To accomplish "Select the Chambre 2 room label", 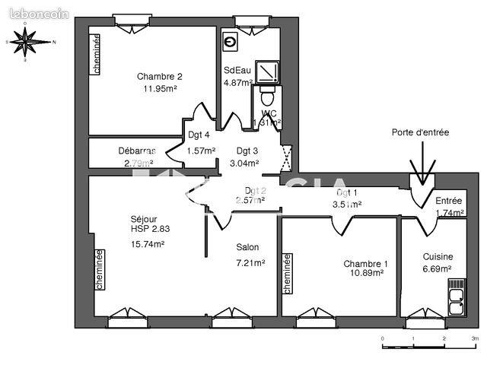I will [x=160, y=76].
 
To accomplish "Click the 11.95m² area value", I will [x=160, y=89].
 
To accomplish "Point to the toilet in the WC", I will [x=266, y=97].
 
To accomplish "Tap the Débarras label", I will [x=137, y=150].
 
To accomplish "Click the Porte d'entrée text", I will [x=420, y=132].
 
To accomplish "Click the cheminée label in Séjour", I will [x=98, y=271].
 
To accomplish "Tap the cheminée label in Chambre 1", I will [x=288, y=274].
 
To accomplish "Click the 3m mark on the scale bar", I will [x=474, y=337].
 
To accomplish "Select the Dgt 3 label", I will [x=247, y=150].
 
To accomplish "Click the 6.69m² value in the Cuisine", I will [x=438, y=269].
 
